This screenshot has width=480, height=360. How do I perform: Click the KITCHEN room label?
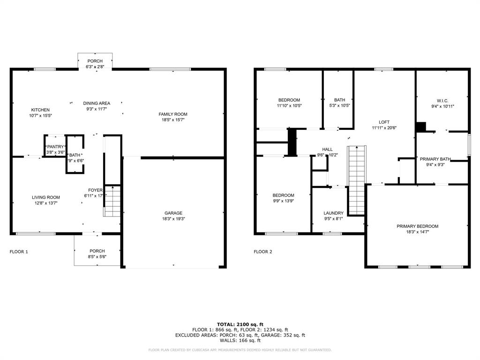pos(40,110)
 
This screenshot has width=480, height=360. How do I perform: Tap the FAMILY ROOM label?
pos(173,114)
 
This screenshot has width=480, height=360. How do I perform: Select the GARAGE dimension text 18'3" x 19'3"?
pos(173,218)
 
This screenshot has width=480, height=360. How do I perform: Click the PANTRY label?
pos(55,147)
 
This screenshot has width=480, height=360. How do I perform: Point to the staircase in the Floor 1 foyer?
pos(112,201)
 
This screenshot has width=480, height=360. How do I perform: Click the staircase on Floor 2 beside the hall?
pos(356,180)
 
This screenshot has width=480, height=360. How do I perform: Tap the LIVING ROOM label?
pos(46,197)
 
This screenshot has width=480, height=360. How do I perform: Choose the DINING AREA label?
pos(97,103)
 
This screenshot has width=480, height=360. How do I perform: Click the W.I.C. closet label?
pos(442,100)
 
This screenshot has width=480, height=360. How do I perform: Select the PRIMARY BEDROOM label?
pos(417,226)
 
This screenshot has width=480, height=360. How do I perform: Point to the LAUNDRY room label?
pos(333,213)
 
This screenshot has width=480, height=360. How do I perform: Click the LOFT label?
pos(384,122)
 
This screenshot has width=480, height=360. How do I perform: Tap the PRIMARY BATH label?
pos(435,159)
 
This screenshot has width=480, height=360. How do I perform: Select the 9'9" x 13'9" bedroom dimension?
pos(284,201)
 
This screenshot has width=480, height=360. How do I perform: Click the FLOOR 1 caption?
pos(19,252)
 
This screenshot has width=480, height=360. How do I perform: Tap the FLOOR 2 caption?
pos(263,252)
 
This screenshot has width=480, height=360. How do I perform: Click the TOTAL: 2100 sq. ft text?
pos(240,324)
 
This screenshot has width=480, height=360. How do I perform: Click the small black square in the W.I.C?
pos(420,127)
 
